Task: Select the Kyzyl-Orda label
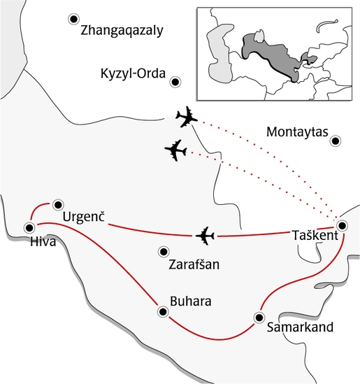click(132, 73)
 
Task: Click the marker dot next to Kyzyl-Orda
click(176, 82)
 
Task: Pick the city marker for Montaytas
click(336, 141)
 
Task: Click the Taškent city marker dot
click(342, 226)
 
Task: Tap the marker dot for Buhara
click(163, 312)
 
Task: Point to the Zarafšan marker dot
click(163, 251)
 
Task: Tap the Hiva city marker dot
click(29, 227)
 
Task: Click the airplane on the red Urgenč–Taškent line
click(205, 236)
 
